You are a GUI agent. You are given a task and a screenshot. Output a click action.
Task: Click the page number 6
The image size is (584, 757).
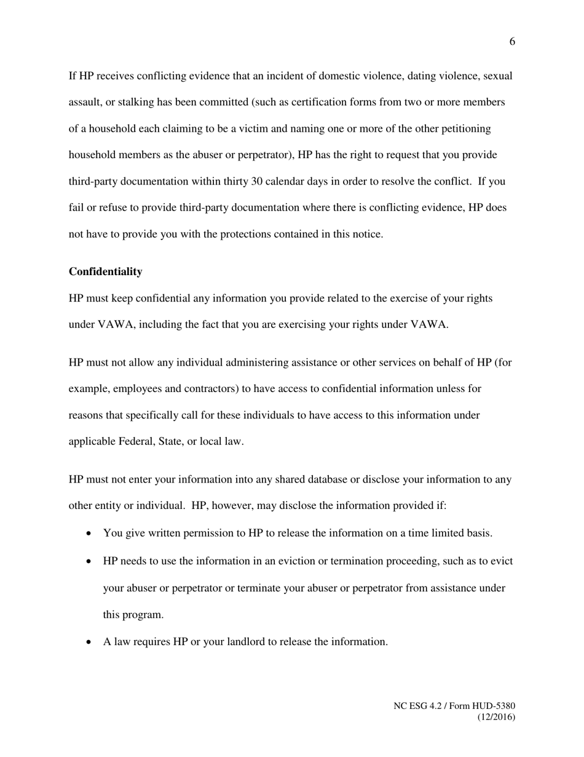[x=512, y=42]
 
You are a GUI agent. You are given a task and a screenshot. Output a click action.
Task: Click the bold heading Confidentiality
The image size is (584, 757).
[x=105, y=271]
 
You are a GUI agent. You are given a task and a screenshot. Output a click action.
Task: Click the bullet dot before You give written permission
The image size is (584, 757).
[x=90, y=533]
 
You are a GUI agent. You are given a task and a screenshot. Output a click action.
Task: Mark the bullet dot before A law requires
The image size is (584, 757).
[x=90, y=642]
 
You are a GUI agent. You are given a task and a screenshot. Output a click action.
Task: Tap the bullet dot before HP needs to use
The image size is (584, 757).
[x=90, y=561]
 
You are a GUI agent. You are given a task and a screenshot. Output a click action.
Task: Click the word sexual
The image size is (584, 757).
[x=498, y=76]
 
